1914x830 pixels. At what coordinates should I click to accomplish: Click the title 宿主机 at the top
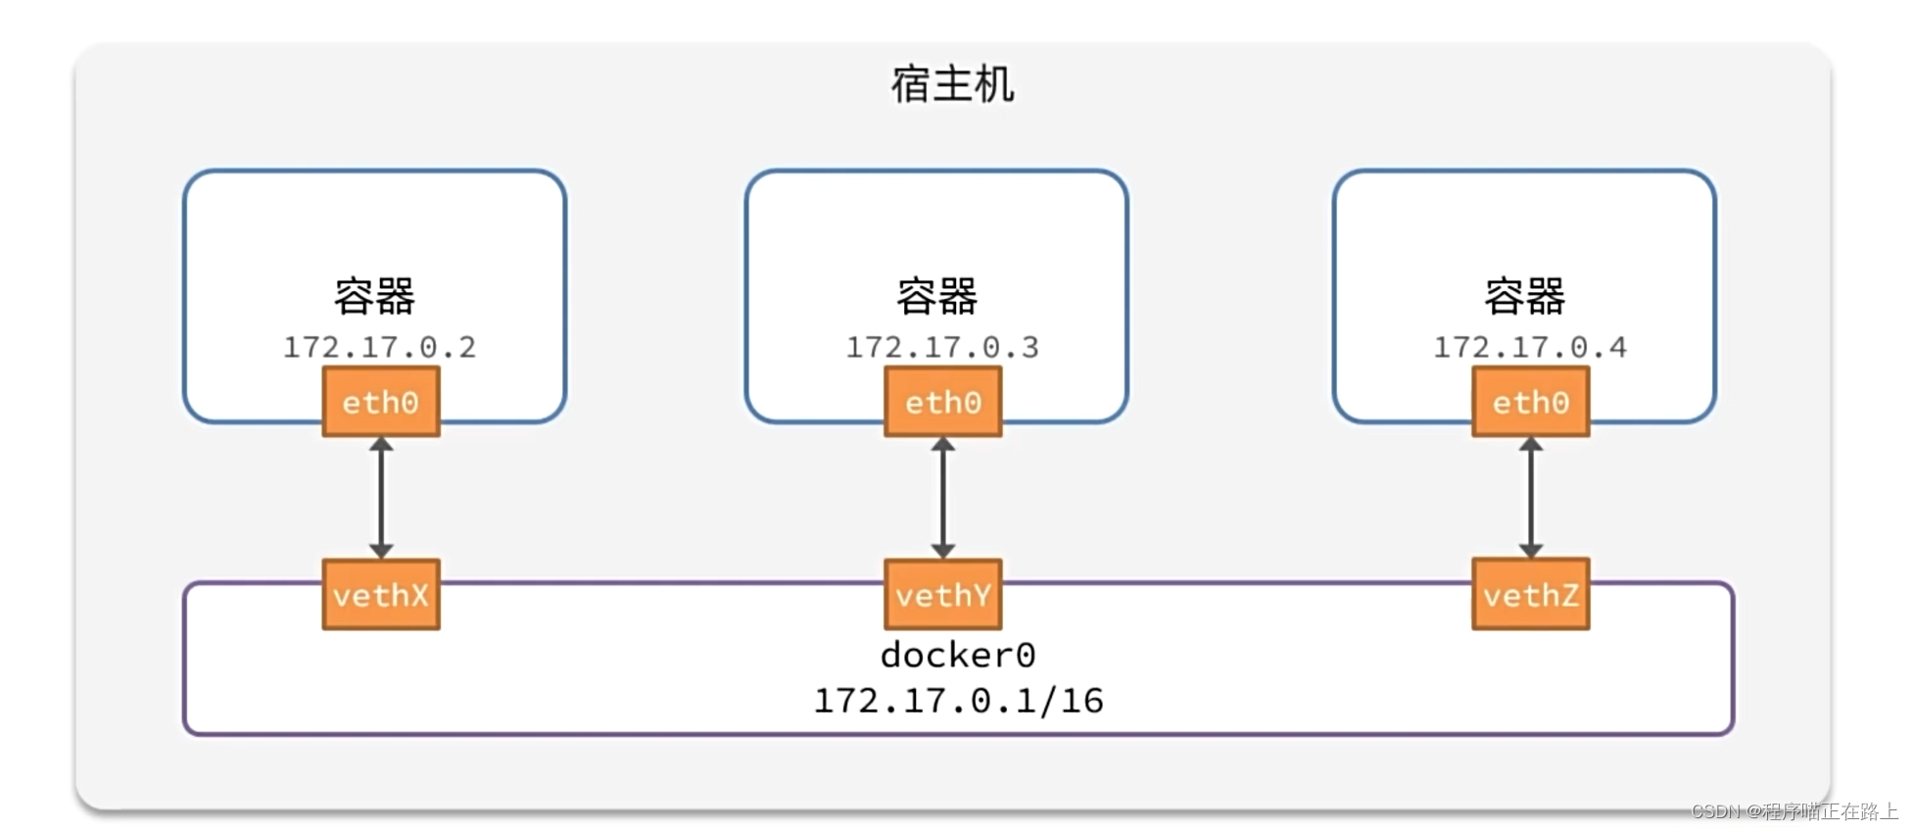951,84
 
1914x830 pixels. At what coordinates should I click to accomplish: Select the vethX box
381,595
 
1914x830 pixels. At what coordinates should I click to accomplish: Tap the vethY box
942,595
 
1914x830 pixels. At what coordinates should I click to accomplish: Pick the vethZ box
1530,595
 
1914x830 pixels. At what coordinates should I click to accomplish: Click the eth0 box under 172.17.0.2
381,402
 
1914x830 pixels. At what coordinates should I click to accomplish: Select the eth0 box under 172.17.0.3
942,402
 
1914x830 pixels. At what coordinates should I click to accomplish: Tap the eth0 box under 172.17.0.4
1530,402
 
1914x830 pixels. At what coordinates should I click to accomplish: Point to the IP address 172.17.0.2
379,347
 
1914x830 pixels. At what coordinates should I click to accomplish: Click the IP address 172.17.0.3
941,347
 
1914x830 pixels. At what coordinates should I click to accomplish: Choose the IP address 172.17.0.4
1529,347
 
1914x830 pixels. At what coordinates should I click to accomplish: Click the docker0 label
957,655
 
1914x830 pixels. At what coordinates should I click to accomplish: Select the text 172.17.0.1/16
958,701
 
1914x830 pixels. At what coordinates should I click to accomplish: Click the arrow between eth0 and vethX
381,498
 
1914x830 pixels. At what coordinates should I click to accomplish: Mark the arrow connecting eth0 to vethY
942,498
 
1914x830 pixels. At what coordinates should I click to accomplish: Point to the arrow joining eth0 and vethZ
1530,498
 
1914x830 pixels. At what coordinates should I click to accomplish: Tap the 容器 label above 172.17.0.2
374,296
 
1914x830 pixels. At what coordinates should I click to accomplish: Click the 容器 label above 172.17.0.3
936,296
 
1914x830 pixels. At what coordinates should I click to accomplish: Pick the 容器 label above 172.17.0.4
1524,296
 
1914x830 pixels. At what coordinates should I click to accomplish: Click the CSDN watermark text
1794,811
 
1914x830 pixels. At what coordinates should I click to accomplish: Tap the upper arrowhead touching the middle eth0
942,445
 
